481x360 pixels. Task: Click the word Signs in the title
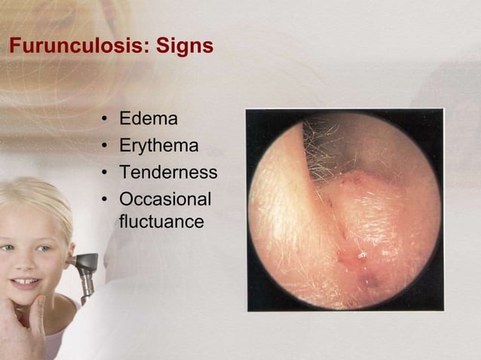pyautogui.click(x=185, y=47)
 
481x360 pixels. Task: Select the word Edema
pyautogui.click(x=149, y=119)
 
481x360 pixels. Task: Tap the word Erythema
pyautogui.click(x=158, y=145)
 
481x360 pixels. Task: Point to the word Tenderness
pyautogui.click(x=168, y=172)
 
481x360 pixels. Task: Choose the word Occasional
pyautogui.click(x=165, y=200)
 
